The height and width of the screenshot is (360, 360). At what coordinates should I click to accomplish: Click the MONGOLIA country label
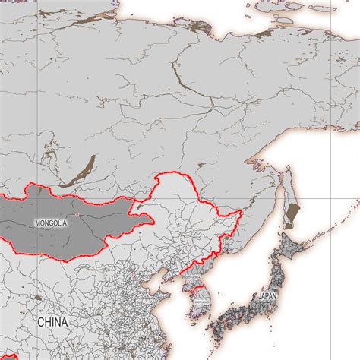[x=51, y=223]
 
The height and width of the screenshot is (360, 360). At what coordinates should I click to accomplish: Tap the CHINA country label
[x=53, y=322]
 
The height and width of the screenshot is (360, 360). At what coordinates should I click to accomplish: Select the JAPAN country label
[x=268, y=296]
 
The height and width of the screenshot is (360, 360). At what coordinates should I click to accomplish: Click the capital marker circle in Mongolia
[x=76, y=215]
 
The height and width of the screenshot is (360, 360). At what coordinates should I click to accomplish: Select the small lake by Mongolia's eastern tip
[x=138, y=204]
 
